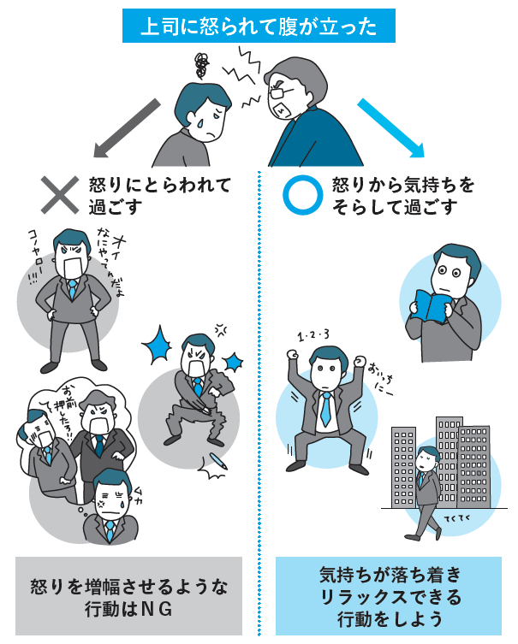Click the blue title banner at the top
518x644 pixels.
(x=259, y=26)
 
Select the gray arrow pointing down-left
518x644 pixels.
(x=126, y=128)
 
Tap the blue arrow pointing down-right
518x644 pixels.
(x=390, y=128)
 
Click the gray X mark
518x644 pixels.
(x=60, y=195)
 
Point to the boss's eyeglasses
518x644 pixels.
(x=280, y=91)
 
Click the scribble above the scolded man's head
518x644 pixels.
(x=201, y=66)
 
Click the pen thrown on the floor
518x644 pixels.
(x=218, y=461)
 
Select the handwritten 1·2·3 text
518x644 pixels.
(x=313, y=335)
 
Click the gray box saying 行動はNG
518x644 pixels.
(x=128, y=596)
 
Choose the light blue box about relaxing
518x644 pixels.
(x=389, y=596)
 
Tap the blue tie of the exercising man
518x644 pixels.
(x=325, y=410)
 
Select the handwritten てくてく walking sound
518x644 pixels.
(x=457, y=518)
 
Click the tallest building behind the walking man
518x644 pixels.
(x=448, y=461)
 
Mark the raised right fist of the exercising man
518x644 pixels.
(x=292, y=353)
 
